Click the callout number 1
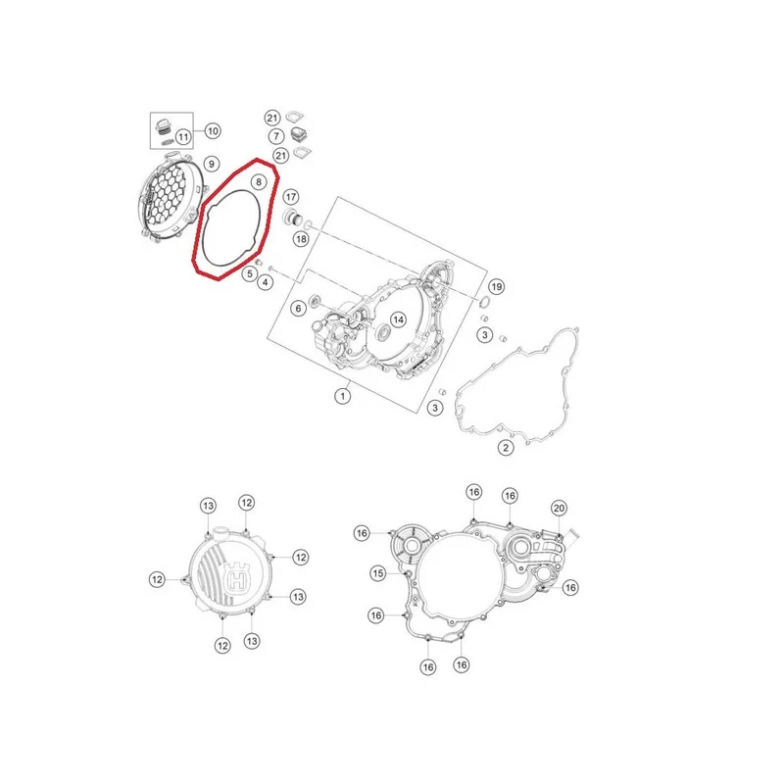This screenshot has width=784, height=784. [342, 397]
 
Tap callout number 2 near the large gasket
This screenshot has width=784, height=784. [506, 448]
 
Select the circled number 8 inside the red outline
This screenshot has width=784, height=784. [259, 182]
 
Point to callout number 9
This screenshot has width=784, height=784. [212, 164]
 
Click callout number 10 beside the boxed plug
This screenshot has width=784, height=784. [213, 131]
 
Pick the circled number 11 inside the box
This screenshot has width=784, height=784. [183, 137]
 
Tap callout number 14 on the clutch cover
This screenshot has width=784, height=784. [398, 319]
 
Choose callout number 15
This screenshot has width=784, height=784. [378, 573]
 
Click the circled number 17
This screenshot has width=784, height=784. [291, 197]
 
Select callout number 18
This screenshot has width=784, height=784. [301, 239]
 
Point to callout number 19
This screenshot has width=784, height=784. [496, 286]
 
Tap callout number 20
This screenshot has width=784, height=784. [559, 509]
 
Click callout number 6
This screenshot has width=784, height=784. [299, 309]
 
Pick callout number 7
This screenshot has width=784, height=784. [276, 136]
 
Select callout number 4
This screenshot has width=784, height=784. [265, 282]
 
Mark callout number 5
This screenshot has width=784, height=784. [250, 274]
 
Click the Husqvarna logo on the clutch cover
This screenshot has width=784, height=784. [238, 578]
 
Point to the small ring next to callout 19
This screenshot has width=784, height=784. [483, 302]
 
